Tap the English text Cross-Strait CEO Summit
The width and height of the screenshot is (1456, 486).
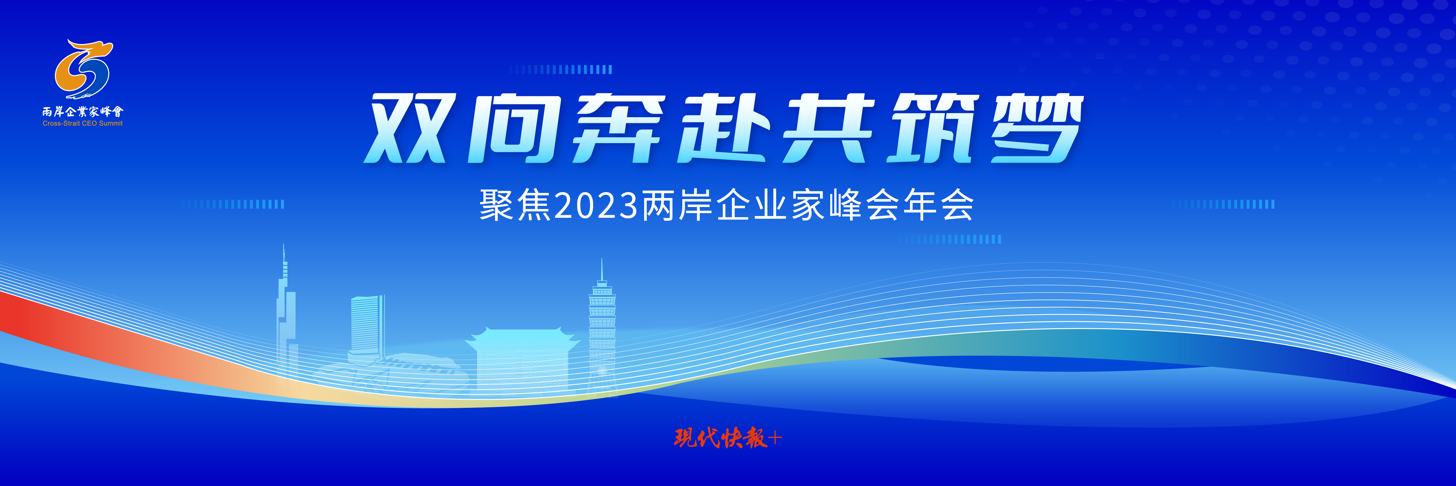(x=82, y=123)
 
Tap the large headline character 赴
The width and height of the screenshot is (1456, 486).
(x=725, y=129)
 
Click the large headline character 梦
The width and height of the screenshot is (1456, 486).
(x=1037, y=129)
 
